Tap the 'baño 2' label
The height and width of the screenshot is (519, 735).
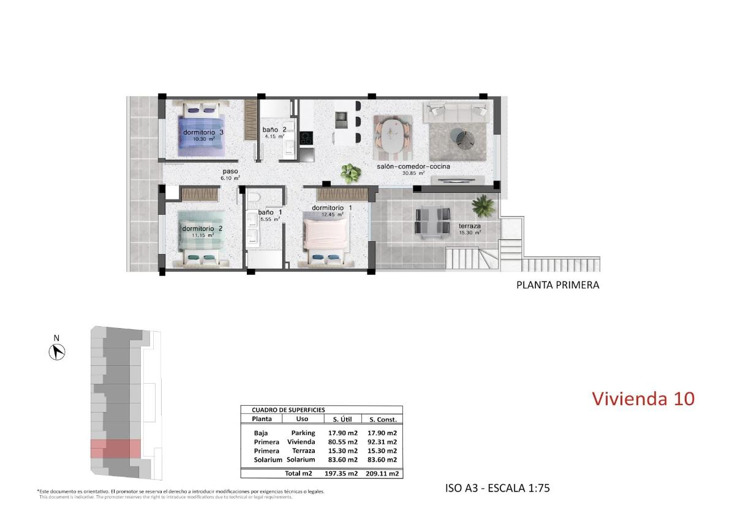click(274, 130)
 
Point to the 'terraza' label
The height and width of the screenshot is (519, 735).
click(470, 226)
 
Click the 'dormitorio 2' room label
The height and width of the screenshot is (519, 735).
click(202, 228)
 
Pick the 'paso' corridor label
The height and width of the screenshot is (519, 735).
click(230, 172)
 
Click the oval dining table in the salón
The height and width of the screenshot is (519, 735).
click(393, 135)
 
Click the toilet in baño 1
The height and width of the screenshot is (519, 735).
click(255, 197)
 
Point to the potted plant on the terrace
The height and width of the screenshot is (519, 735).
click(484, 206)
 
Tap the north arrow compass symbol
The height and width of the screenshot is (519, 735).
click(57, 351)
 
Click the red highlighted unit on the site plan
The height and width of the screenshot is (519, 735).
click(116, 449)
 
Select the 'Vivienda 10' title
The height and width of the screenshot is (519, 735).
click(643, 398)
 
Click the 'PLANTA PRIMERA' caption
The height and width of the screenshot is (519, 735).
click(557, 285)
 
